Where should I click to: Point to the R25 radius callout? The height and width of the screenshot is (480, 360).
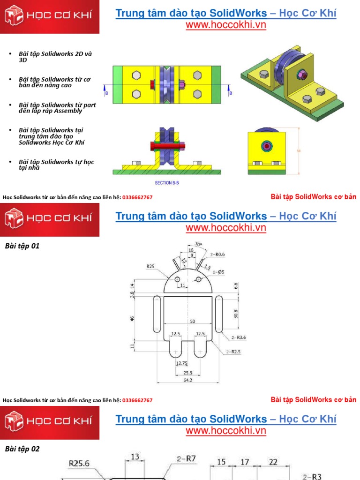coord(150,266)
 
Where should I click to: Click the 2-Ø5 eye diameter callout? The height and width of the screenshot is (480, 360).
coord(218,272)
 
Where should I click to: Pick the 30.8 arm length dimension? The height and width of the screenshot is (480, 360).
coord(235,314)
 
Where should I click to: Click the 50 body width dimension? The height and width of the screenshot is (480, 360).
coord(192,321)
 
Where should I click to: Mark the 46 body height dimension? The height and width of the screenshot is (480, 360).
coord(132,318)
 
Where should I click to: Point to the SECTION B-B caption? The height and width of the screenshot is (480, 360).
coord(166,183)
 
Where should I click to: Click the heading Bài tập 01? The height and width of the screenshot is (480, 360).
coord(22,246)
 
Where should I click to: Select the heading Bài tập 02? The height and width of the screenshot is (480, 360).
coord(22,449)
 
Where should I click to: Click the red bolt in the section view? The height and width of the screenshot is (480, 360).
coord(166,146)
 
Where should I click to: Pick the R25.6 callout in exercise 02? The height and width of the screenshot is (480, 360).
coord(79,463)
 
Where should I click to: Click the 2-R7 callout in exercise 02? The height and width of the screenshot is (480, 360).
coord(186,459)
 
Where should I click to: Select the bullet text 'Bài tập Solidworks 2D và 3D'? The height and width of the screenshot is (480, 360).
coord(55,57)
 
